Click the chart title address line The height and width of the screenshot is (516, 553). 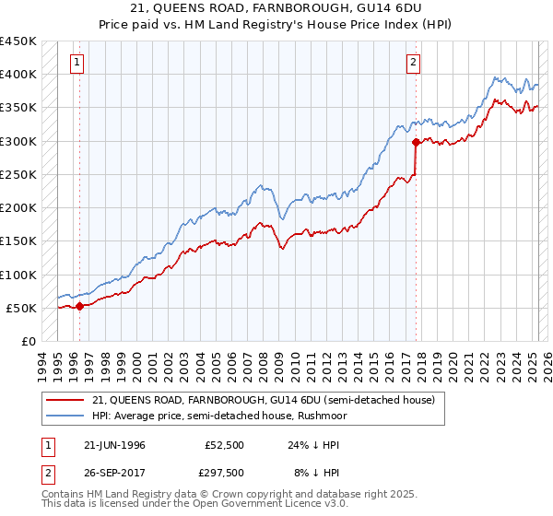[276, 9]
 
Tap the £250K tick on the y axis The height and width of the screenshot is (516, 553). [18, 174]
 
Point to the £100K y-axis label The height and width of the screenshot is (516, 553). [18, 275]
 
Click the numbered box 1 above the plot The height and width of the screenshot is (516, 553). [76, 63]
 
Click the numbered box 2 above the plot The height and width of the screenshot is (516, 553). [414, 63]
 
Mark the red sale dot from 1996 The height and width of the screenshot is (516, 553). [79, 307]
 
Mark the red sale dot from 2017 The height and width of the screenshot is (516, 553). [416, 142]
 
